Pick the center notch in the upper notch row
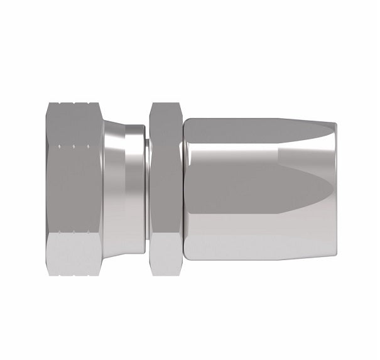point(74,147)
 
